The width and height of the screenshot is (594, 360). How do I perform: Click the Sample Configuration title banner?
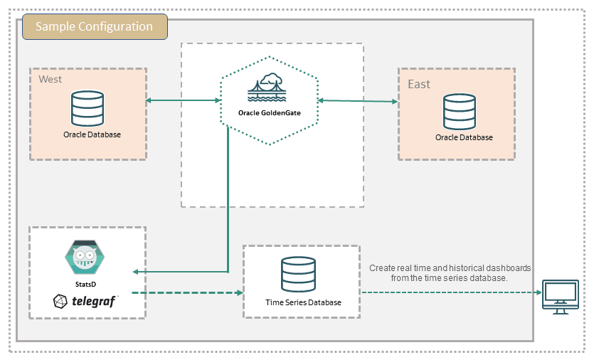coord(95,27)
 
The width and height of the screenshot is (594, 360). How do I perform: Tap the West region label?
coord(50,79)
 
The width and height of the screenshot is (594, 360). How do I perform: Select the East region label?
coord(419,85)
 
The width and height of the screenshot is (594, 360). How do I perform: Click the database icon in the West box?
coord(87,109)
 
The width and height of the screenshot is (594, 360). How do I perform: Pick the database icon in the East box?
coord(460,112)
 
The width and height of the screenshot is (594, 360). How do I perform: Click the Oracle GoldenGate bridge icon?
coord(267,89)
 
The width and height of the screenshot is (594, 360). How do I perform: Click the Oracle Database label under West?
coord(92,134)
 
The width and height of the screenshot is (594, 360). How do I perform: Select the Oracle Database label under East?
coord(464,137)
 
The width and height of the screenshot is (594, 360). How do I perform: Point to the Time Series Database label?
coord(303,302)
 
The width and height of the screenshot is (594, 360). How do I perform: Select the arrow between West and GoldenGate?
coord(183,101)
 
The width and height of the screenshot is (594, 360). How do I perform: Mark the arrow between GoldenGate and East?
coord(358,101)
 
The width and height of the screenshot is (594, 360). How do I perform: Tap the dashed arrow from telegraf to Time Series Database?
coord(188,292)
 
